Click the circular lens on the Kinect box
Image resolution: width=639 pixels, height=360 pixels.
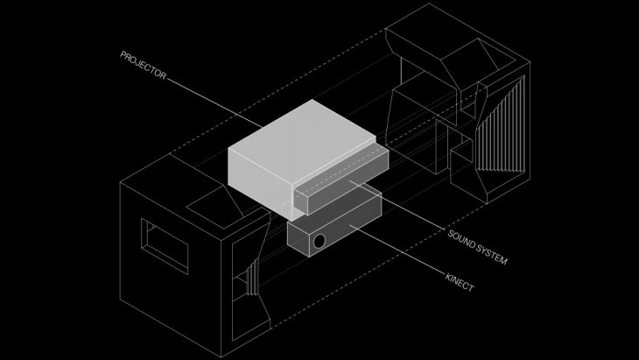tap(319, 240)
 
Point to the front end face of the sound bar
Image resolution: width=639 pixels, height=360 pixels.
tap(302, 202)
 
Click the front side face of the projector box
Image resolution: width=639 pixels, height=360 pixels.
tap(258, 184)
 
